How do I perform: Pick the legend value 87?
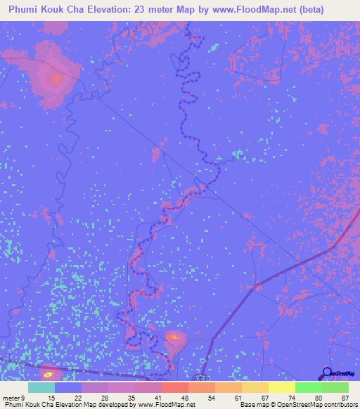point(345,398)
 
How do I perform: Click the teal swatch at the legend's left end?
point(41,387)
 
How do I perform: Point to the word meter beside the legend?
point(11,398)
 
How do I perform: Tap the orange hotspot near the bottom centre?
point(174,339)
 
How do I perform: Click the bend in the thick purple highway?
point(330,249)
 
